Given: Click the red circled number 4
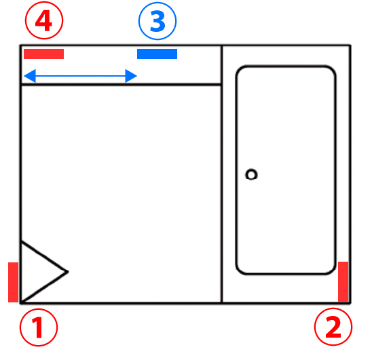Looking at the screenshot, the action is pyautogui.click(x=44, y=20).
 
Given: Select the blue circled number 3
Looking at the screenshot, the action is pyautogui.click(x=157, y=21).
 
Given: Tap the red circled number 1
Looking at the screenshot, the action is pyautogui.click(x=39, y=327).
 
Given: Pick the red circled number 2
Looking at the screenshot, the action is pyautogui.click(x=333, y=327).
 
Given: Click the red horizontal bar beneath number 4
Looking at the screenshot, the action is pyautogui.click(x=44, y=54).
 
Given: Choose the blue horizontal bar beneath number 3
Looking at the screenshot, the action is pyautogui.click(x=157, y=54).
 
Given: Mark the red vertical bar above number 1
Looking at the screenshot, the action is pyautogui.click(x=14, y=282).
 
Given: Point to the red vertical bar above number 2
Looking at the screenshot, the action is pyautogui.click(x=343, y=282).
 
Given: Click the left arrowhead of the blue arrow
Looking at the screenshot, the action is pyautogui.click(x=30, y=76).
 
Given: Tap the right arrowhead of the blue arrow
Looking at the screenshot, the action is pyautogui.click(x=131, y=76).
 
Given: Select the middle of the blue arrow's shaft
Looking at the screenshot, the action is pyautogui.click(x=80, y=76).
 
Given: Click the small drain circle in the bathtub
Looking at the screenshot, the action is pyautogui.click(x=251, y=175).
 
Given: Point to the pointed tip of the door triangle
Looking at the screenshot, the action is pyautogui.click(x=69, y=272).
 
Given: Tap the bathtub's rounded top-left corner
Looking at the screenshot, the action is pyautogui.click(x=240, y=70).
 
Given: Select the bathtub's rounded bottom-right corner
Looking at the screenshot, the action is pyautogui.click(x=331, y=270).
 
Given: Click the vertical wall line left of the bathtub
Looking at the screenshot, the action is pyautogui.click(x=222, y=174).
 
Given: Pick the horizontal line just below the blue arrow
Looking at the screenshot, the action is pyautogui.click(x=121, y=84).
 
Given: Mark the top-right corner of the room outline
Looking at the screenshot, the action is pyautogui.click(x=350, y=45).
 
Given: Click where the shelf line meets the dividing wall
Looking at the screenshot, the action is pyautogui.click(x=222, y=84).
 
